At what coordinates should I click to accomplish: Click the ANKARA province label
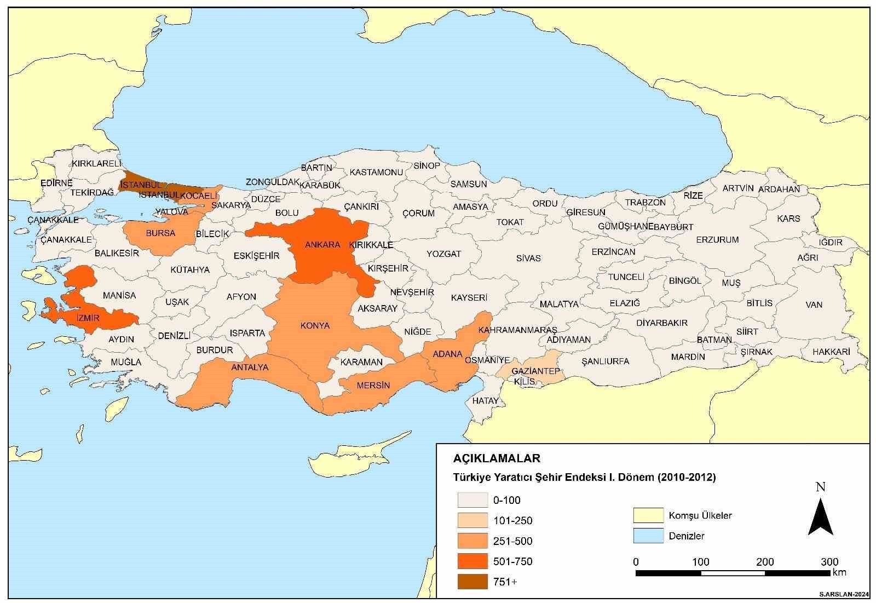click(322, 245)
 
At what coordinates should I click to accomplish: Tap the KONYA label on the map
click(315, 326)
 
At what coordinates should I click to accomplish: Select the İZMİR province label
click(73, 318)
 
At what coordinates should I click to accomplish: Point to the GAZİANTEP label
click(535, 371)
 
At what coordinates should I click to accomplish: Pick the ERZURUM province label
click(717, 240)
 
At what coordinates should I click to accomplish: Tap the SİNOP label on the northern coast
click(427, 166)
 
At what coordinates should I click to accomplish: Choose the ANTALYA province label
click(250, 367)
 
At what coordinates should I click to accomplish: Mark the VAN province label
click(814, 305)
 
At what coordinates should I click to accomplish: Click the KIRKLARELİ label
click(96, 164)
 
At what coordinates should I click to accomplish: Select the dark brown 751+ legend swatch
click(472, 582)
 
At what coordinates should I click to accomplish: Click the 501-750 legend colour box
click(472, 561)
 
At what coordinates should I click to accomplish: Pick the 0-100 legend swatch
click(472, 500)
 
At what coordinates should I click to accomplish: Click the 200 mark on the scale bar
click(765, 562)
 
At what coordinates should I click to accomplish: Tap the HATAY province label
click(485, 401)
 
